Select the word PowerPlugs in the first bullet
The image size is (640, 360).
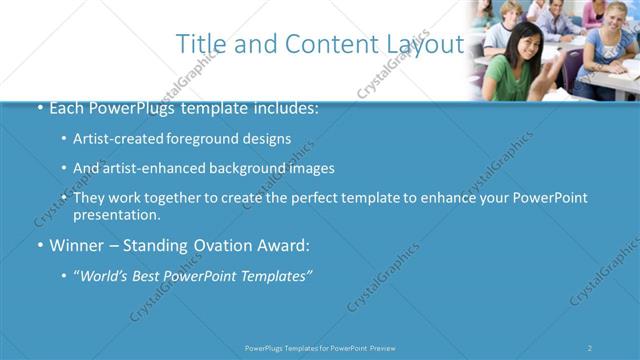coord(129,109)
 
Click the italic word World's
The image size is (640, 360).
coord(105,274)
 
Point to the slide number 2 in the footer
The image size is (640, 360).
coord(590,348)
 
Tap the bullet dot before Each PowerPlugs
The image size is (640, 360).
coord(39,109)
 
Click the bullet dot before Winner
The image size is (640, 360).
coord(39,244)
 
